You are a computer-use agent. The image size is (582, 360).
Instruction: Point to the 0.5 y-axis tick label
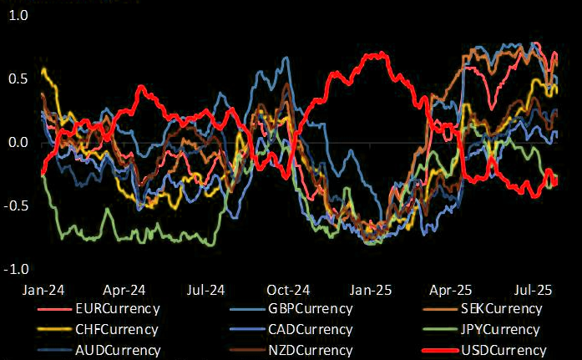pos(16,79)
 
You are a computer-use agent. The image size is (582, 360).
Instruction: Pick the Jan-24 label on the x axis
pos(39,291)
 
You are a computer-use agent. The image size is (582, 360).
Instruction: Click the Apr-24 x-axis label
pos(122,291)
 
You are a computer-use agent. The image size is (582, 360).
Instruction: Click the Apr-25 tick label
pos(451,291)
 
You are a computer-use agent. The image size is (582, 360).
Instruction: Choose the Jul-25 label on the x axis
pos(532,291)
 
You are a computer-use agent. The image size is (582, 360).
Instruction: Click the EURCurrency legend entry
pos(116,309)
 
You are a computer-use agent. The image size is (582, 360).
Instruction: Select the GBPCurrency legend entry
pos(309,309)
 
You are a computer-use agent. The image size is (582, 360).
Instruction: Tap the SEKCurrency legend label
pos(500,309)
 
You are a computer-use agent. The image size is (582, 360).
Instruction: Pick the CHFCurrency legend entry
pos(116,330)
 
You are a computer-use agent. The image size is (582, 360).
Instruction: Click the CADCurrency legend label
pos(309,330)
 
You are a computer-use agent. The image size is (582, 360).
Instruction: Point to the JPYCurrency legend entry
pos(500,330)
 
